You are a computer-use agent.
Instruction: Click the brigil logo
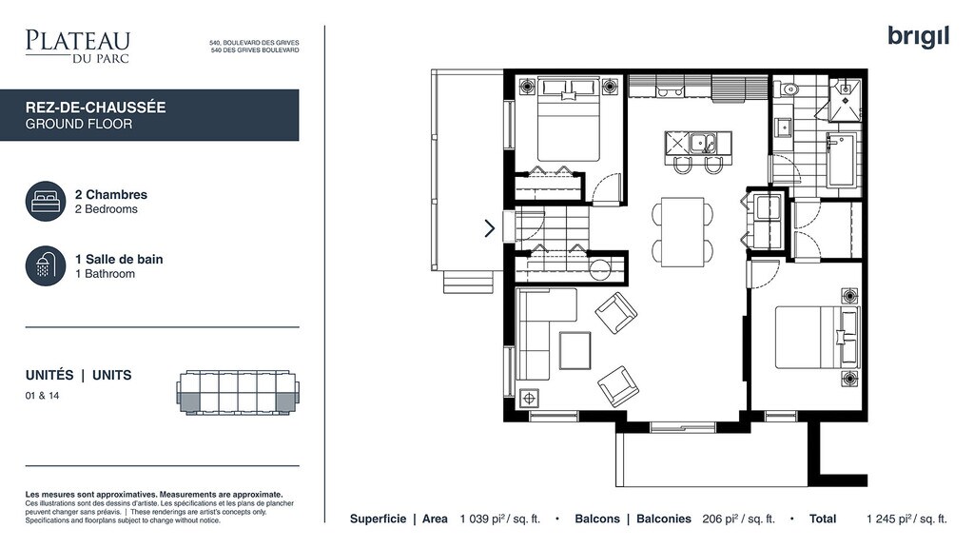[918, 37]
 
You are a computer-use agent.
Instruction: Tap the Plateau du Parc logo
[78, 46]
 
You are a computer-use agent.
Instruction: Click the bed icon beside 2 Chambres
[46, 202]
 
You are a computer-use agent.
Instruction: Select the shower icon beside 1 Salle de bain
[46, 266]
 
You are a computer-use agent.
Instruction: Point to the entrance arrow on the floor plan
[490, 228]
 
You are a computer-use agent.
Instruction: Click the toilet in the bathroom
[788, 88]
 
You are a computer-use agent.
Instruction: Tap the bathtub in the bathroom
[842, 160]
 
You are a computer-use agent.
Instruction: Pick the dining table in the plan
[682, 232]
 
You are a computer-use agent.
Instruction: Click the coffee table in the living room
[575, 351]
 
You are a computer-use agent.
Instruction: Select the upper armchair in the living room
[615, 313]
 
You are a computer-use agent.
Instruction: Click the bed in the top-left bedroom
[568, 119]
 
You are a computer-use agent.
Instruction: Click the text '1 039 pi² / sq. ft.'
[500, 519]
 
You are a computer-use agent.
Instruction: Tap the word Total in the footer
[823, 519]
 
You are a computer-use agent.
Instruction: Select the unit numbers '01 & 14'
[42, 396]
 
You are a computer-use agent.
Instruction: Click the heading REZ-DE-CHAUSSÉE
[96, 108]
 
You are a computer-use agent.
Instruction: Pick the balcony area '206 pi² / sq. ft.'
[738, 519]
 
